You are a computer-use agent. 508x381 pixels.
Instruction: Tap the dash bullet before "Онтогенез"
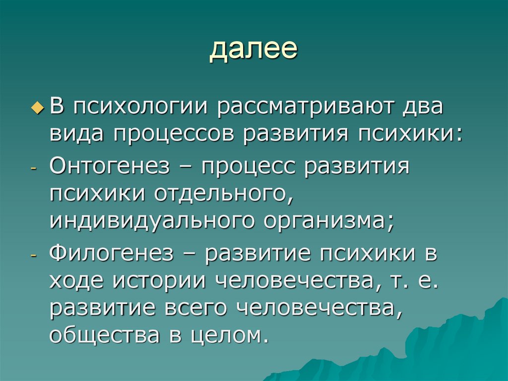(33, 169)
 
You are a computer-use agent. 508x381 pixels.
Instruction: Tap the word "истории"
(157, 281)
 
